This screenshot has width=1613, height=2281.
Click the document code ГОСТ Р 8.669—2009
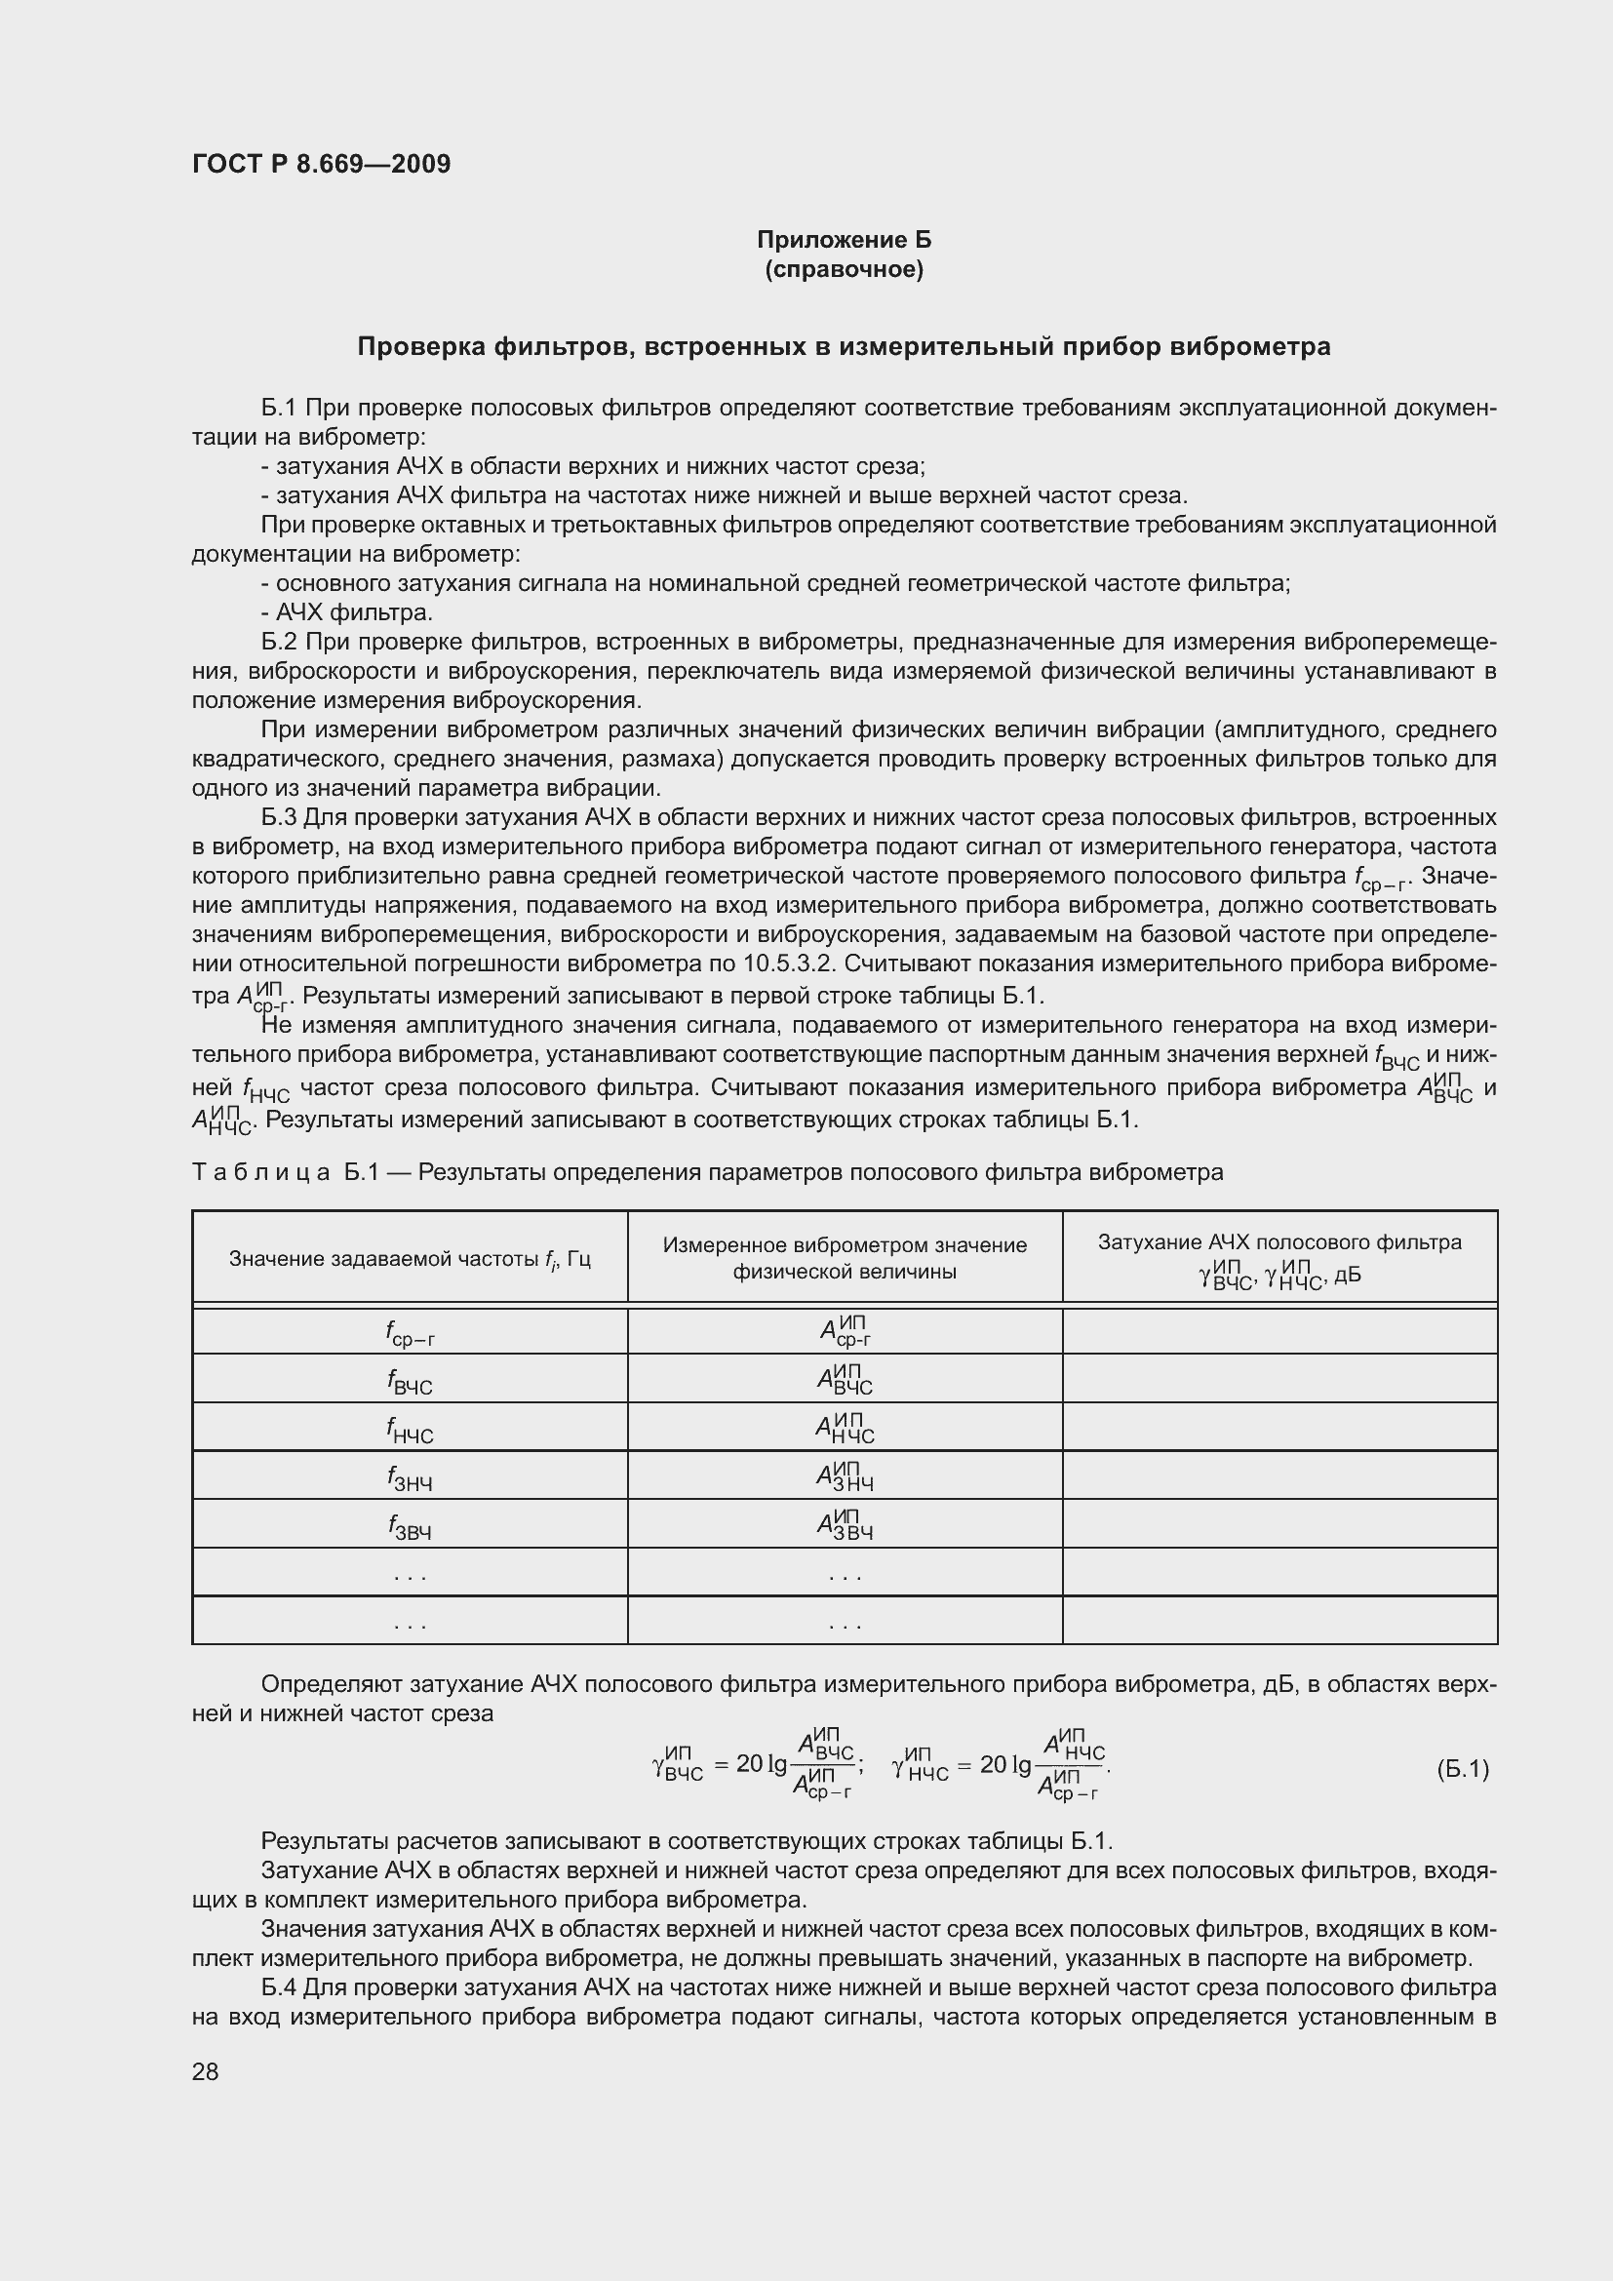321,164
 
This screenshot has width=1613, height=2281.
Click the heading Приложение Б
845,240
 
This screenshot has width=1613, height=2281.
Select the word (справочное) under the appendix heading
845,269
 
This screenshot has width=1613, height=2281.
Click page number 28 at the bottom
206,2071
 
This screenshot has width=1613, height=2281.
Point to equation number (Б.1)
1462,1768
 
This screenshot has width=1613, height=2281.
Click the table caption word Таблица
261,1172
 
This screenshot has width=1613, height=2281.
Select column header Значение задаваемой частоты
410,1259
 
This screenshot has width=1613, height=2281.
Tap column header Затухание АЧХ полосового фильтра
1279,1242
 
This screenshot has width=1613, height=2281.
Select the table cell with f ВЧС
410,1380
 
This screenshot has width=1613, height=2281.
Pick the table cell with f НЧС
410,1429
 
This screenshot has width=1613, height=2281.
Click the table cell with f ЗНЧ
410,1477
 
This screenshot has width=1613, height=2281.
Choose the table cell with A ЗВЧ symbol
845,1525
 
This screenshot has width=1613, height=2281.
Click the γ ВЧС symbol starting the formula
678,1765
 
